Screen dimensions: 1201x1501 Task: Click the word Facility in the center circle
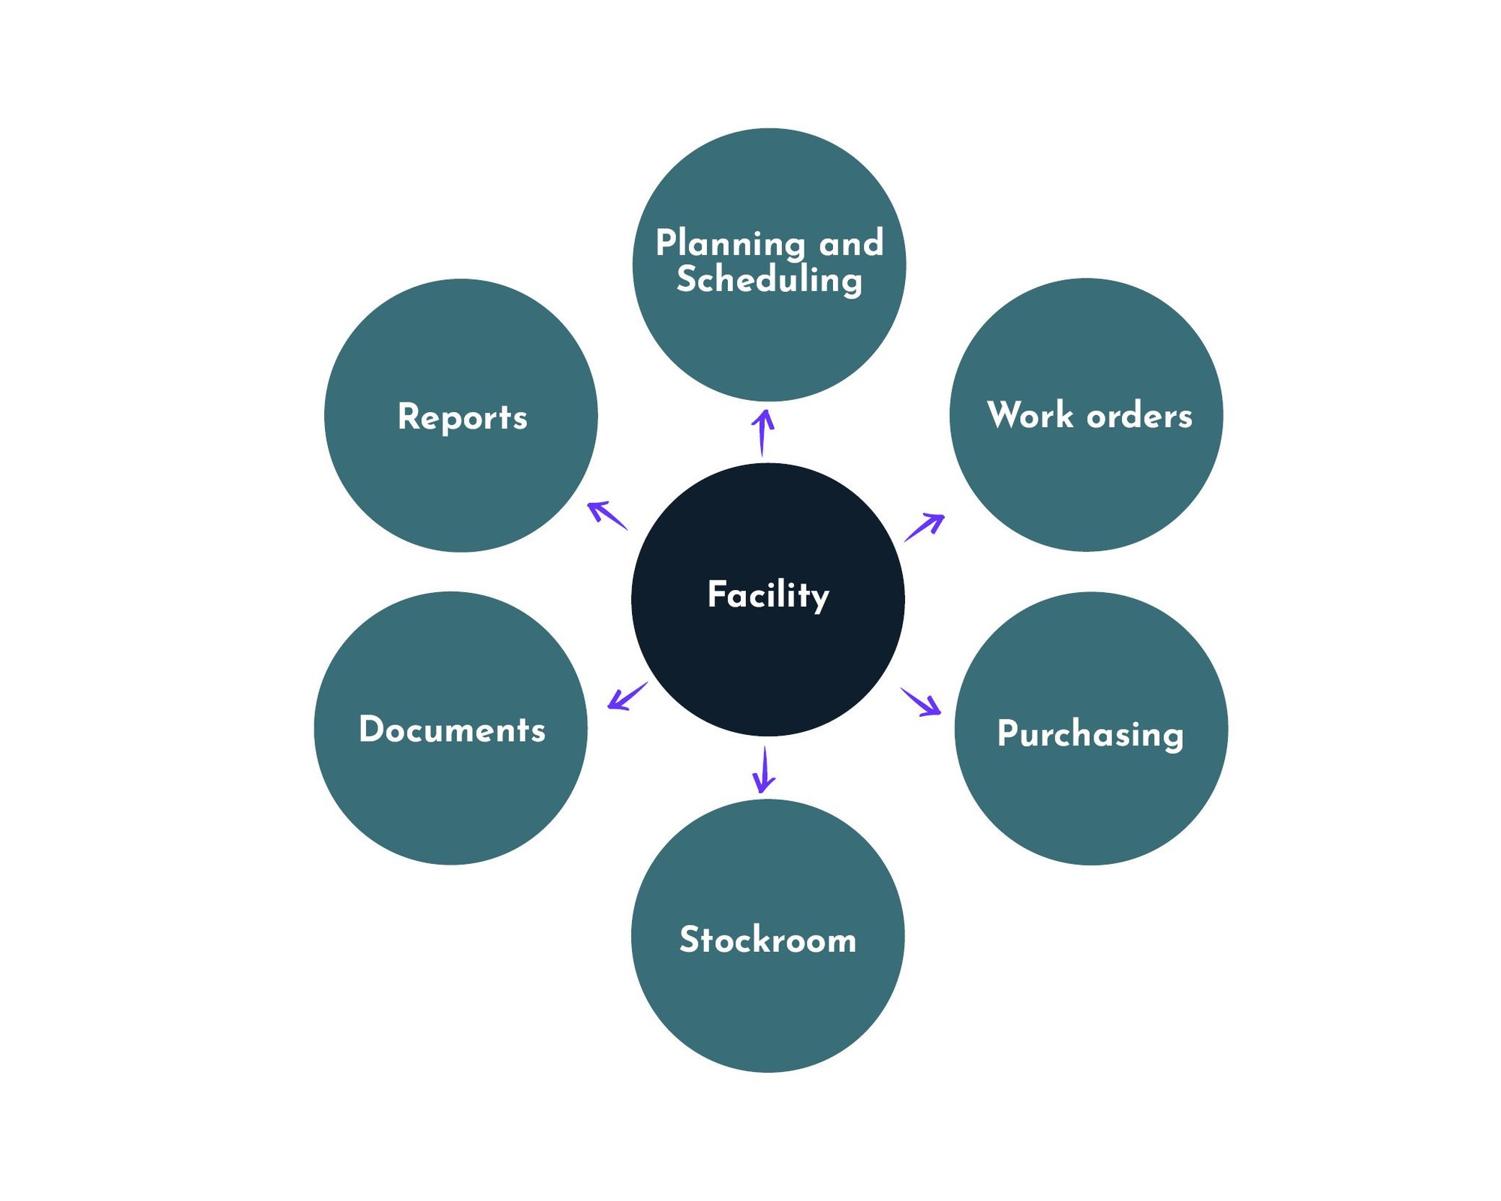tap(768, 595)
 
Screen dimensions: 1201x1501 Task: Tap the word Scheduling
tap(769, 280)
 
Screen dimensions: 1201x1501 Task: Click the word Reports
tap(462, 417)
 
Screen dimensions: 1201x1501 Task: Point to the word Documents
tap(452, 730)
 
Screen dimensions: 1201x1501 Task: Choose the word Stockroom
tap(768, 940)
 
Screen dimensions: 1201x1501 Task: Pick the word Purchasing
tap(1090, 733)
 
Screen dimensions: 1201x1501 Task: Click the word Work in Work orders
tap(1030, 415)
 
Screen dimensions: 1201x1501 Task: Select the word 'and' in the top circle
tap(851, 243)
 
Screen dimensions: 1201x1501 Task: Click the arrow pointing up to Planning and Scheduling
tap(763, 432)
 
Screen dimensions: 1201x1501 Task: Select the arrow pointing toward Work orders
tap(925, 527)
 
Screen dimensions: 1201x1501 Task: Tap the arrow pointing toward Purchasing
tap(922, 702)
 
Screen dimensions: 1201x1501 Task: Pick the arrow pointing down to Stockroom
tap(764, 769)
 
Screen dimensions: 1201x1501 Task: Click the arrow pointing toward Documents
tap(627, 696)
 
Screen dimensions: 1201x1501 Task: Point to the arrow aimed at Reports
tap(606, 516)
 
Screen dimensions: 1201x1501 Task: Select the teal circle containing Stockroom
tap(768, 1006)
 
